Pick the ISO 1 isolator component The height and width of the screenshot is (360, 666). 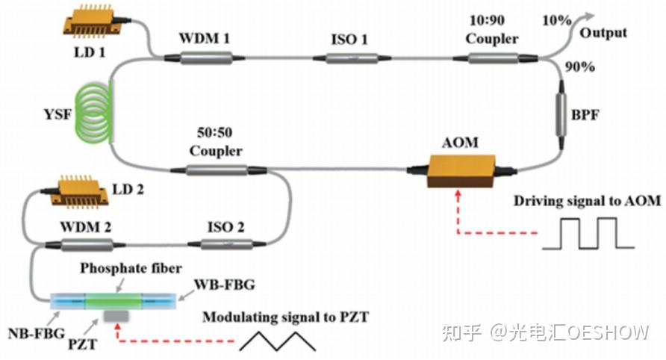coord(350,57)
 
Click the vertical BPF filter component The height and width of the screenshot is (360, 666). coord(561,116)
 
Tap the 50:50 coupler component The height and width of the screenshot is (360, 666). coord(215,170)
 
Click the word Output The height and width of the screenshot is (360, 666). coord(603,34)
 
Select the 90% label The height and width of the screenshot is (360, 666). coord(579,67)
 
